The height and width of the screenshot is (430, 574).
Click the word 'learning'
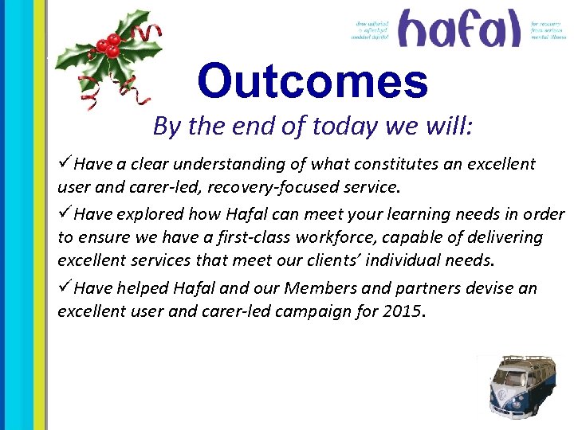point(407,215)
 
